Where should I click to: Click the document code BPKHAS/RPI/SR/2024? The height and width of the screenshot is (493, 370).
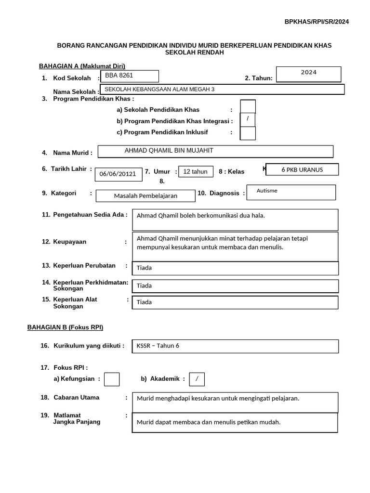(x=317, y=22)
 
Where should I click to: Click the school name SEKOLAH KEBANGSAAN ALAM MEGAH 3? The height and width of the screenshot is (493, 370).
(x=222, y=90)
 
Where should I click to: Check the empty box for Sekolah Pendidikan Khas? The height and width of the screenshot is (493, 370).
(x=248, y=107)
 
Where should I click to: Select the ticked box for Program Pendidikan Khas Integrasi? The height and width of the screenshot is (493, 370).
(x=248, y=119)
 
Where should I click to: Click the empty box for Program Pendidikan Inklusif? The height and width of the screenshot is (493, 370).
(x=248, y=133)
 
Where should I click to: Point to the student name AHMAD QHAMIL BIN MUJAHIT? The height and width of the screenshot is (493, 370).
(x=215, y=151)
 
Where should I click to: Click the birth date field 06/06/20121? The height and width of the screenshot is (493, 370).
(x=119, y=174)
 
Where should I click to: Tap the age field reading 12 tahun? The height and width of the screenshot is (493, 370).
(x=196, y=171)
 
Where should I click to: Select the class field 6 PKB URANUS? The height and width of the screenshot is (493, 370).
(x=302, y=169)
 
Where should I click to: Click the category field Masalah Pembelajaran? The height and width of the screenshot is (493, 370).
(x=145, y=196)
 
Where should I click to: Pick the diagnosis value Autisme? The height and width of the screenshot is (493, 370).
(x=291, y=192)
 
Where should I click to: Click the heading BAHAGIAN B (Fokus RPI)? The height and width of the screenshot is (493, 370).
(x=65, y=327)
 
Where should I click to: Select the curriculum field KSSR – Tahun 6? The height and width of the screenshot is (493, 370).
(x=235, y=346)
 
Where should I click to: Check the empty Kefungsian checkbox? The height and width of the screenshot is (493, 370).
(x=112, y=379)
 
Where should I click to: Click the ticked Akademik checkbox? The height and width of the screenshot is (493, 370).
(x=197, y=379)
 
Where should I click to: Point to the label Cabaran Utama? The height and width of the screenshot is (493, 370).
(x=76, y=398)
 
